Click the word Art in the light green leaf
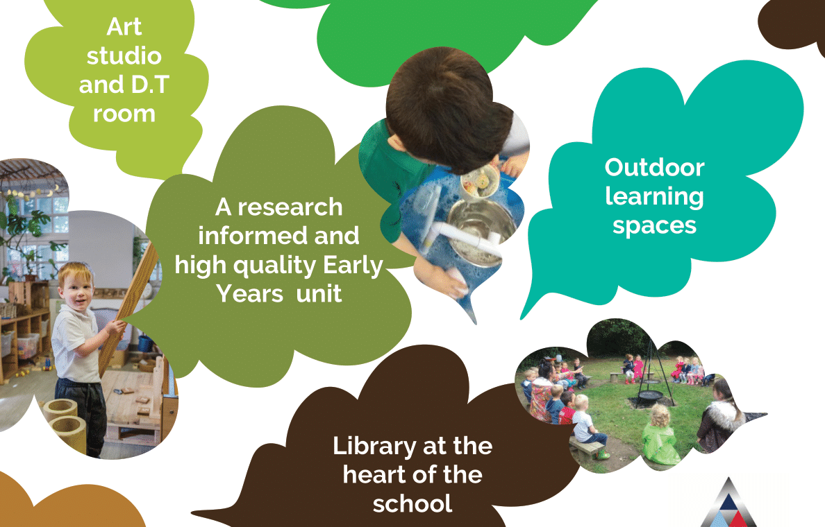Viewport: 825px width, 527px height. pyautogui.click(x=124, y=27)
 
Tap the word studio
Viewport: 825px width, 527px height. pyautogui.click(x=124, y=56)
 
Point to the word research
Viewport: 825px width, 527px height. pyautogui.click(x=290, y=207)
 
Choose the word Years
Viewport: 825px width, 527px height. pyautogui.click(x=250, y=294)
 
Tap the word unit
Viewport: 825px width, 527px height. pyautogui.click(x=319, y=294)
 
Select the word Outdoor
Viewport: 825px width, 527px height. pyautogui.click(x=655, y=168)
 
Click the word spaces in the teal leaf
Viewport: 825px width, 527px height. pyautogui.click(x=655, y=227)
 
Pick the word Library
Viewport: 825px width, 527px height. pyautogui.click(x=374, y=447)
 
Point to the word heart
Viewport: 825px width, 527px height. pyautogui.click(x=374, y=474)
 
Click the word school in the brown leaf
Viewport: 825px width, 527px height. pyautogui.click(x=412, y=504)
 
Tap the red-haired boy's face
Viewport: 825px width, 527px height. pyautogui.click(x=75, y=292)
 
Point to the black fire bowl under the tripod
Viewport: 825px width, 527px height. pyautogui.click(x=648, y=397)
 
